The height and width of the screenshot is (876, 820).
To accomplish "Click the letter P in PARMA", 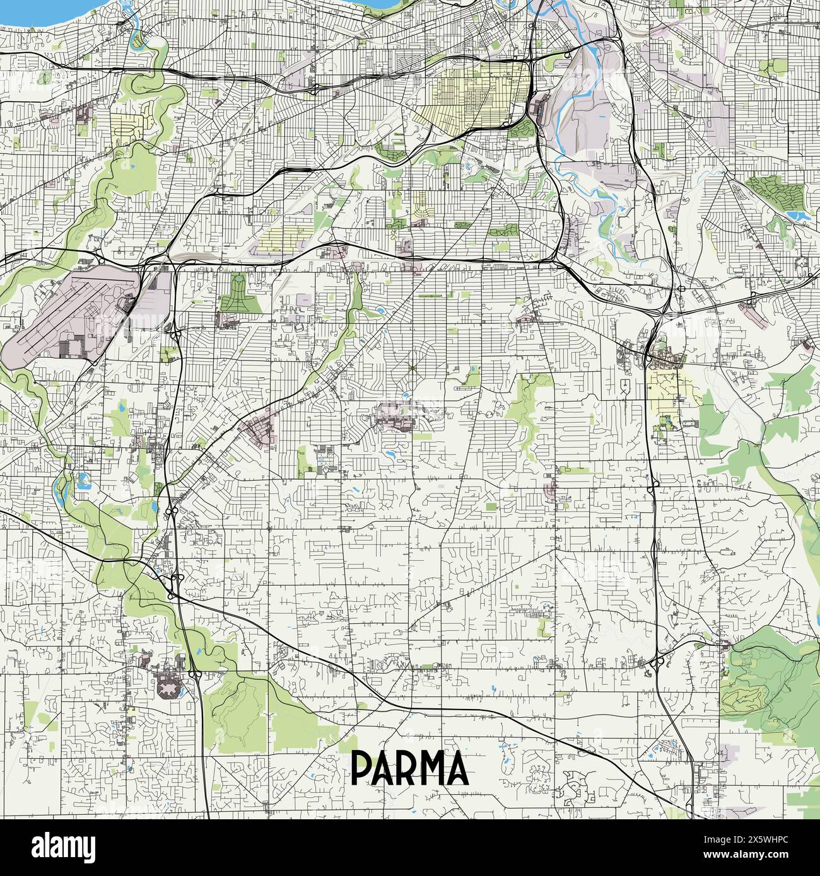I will coord(362,768).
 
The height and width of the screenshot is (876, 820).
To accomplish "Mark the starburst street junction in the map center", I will coord(411,367).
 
